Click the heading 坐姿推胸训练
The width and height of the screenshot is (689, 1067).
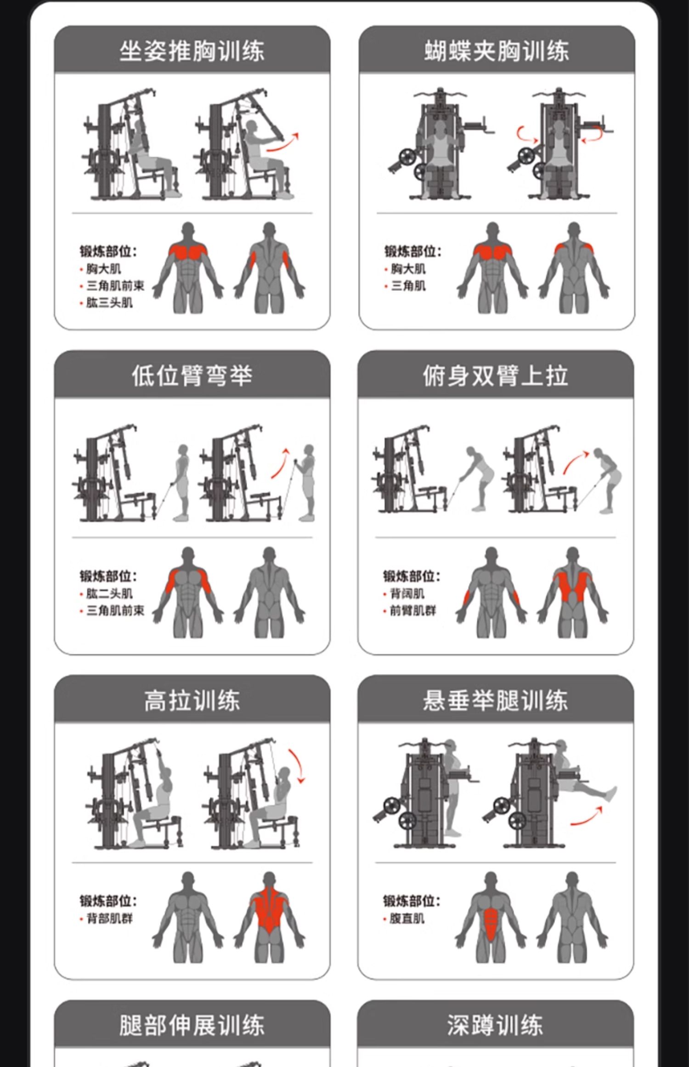pos(192,51)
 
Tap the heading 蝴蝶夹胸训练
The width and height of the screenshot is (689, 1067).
pos(497,51)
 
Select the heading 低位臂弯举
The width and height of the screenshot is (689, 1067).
pos(192,375)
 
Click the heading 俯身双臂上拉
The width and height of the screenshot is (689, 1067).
pos(496,375)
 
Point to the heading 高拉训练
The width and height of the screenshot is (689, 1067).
pos(192,701)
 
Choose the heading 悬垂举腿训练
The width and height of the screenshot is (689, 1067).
pos(496,701)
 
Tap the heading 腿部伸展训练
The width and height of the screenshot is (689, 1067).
pos(192,1026)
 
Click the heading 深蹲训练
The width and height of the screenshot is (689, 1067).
pos(496,1026)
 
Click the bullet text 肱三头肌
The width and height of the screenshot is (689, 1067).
pos(109,303)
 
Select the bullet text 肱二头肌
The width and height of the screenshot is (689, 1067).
pos(109,594)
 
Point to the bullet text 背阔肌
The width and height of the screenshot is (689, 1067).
pos(407,594)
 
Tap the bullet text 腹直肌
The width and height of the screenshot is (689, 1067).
pos(407,919)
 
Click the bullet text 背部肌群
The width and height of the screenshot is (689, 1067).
pos(109,919)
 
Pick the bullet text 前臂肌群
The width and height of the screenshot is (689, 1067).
pos(412,611)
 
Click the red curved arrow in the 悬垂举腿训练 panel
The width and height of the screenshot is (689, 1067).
pos(586,817)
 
